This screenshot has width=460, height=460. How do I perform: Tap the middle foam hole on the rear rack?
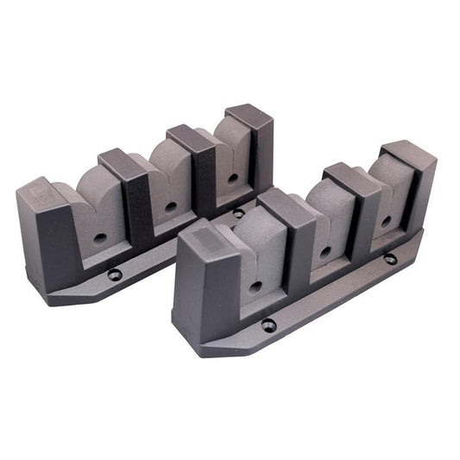[171, 207]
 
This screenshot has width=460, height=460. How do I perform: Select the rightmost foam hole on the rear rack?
[233, 179]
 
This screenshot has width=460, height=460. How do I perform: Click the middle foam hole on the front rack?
[325, 251]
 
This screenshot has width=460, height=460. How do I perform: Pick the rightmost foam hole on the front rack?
[385, 221]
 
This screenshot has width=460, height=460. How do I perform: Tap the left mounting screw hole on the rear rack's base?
[115, 274]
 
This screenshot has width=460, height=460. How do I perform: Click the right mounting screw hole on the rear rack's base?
[238, 212]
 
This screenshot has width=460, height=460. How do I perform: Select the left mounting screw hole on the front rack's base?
[269, 325]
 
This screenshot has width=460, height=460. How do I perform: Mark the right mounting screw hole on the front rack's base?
[390, 258]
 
